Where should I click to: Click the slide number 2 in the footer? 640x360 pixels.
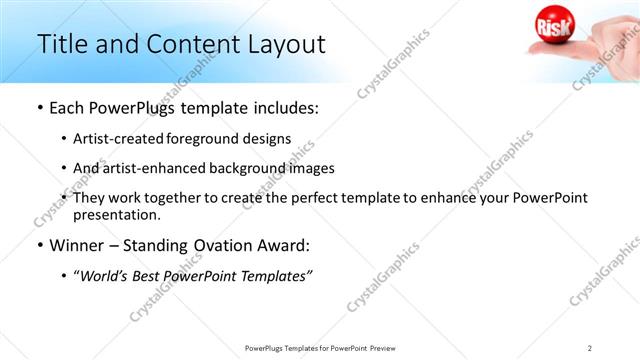click(590, 347)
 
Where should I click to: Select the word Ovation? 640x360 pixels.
click(212, 245)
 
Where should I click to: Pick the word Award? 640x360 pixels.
click(280, 245)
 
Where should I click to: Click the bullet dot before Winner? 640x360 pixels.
click(39, 245)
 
